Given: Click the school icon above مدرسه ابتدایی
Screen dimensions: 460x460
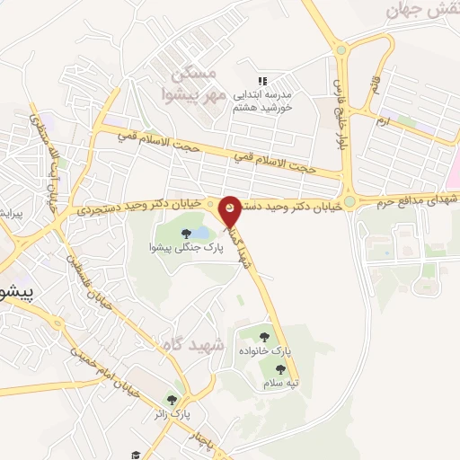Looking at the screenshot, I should pos(262,81).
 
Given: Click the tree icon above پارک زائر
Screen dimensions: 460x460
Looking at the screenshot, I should pos(172,400).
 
